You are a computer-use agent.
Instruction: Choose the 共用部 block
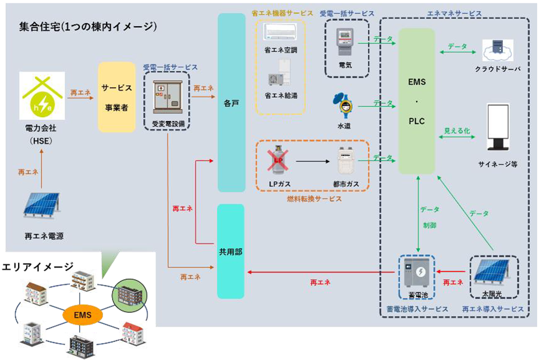(232, 251)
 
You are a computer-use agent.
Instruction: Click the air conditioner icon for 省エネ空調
(280, 32)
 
